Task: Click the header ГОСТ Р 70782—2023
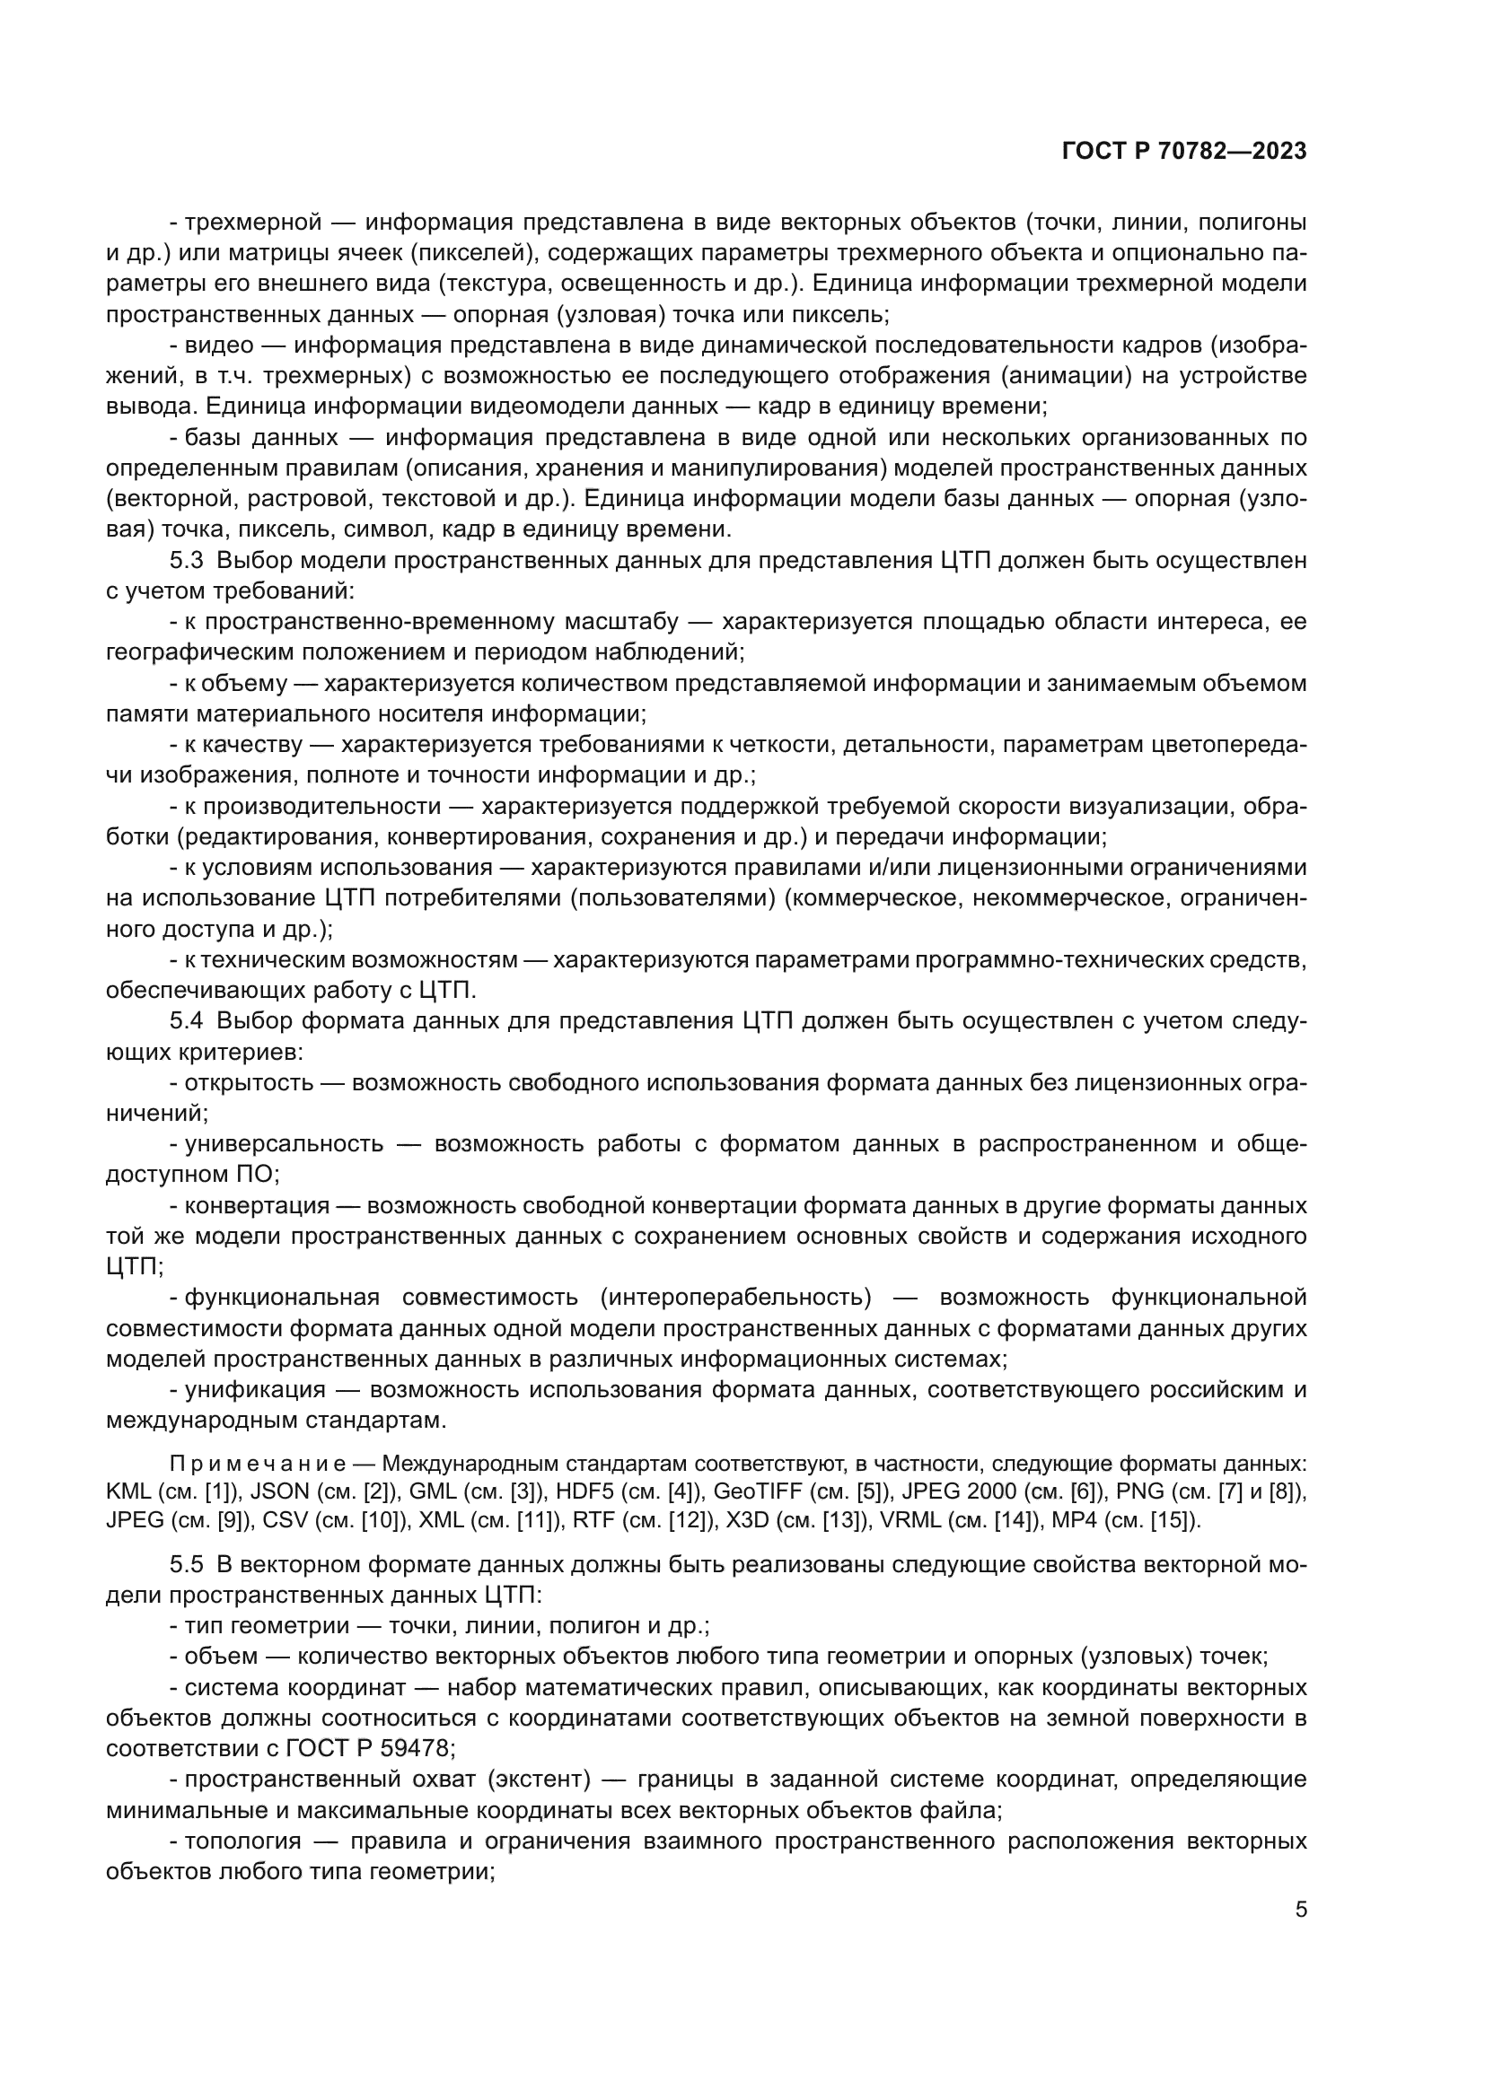tap(1184, 152)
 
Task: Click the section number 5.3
tap(187, 559)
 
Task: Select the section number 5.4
tap(187, 1020)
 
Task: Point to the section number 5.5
tap(187, 1564)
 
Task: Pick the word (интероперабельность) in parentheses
tap(736, 1298)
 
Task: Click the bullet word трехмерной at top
tap(253, 222)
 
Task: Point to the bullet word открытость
tap(249, 1082)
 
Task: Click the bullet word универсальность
tap(284, 1143)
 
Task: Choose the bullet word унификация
tap(255, 1389)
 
